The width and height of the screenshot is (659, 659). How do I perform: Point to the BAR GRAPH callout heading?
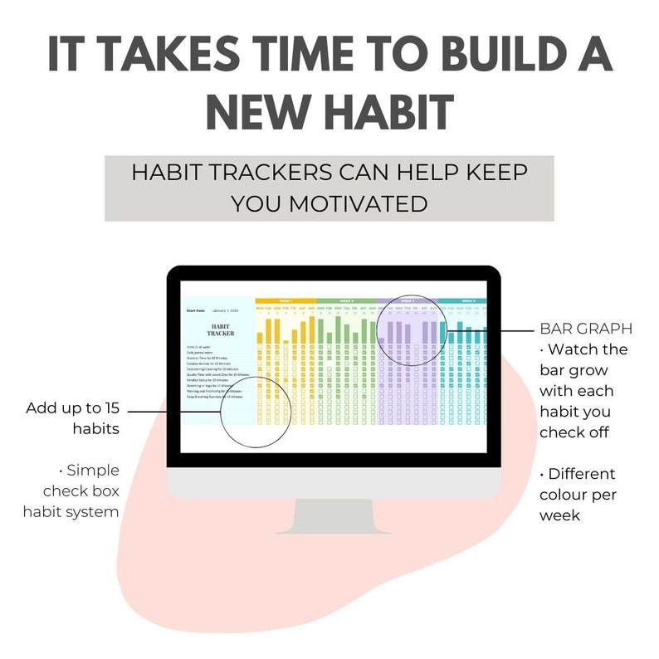click(x=585, y=328)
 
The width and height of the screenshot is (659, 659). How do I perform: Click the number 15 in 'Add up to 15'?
click(x=110, y=408)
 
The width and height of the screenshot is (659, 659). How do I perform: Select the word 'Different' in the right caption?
click(x=581, y=474)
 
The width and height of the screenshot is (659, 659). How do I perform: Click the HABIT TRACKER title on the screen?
click(x=220, y=330)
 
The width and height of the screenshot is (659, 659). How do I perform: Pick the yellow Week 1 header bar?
click(x=285, y=301)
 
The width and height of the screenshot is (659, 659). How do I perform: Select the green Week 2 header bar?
click(x=346, y=301)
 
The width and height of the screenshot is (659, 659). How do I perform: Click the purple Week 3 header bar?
click(x=408, y=301)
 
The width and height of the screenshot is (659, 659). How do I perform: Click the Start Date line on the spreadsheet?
click(x=212, y=310)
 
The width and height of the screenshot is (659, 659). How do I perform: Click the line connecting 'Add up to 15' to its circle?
click(x=174, y=409)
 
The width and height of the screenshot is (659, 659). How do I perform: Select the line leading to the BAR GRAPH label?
click(x=490, y=329)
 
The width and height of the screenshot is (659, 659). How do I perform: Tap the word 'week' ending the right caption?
click(x=560, y=515)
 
